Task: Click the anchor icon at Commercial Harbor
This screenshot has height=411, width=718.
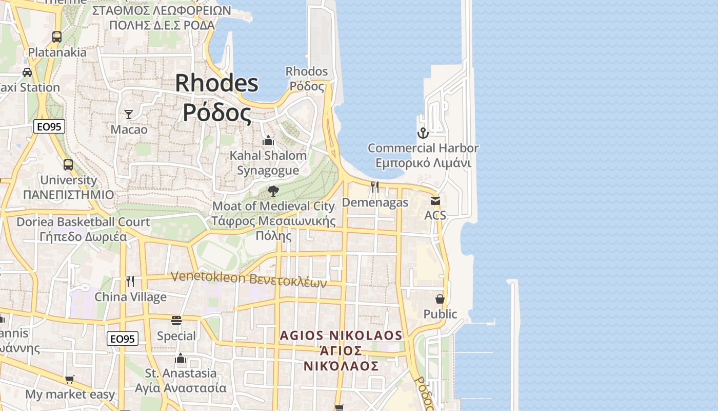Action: pos(423,134)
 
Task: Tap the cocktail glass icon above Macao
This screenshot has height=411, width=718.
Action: pos(129,115)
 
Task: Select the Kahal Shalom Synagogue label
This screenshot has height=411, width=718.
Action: pos(268,162)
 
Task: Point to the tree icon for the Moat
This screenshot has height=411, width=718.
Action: pos(273,192)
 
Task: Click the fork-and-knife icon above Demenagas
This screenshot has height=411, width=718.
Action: pos(375,187)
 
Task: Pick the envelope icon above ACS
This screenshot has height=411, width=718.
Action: pos(435,201)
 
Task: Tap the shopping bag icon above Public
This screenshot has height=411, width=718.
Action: pos(440,298)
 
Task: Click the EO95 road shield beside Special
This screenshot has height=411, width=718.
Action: pos(123,339)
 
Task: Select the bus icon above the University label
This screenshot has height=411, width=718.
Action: pos(68,165)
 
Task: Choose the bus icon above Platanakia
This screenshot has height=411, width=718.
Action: pos(57,37)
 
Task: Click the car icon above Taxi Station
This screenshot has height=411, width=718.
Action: pos(27,72)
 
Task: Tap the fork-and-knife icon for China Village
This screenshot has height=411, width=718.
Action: pos(130,282)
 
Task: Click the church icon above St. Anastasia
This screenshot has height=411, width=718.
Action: pos(181,358)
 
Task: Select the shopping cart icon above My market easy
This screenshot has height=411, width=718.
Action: pos(70,380)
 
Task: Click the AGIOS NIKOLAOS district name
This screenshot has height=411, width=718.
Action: pos(341,350)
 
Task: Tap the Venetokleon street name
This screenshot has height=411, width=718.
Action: pos(248,279)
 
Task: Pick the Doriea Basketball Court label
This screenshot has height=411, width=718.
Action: pos(83,229)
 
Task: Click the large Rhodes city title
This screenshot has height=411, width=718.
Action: pos(217,98)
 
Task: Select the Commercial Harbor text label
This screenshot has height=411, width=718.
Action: pos(423,155)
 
